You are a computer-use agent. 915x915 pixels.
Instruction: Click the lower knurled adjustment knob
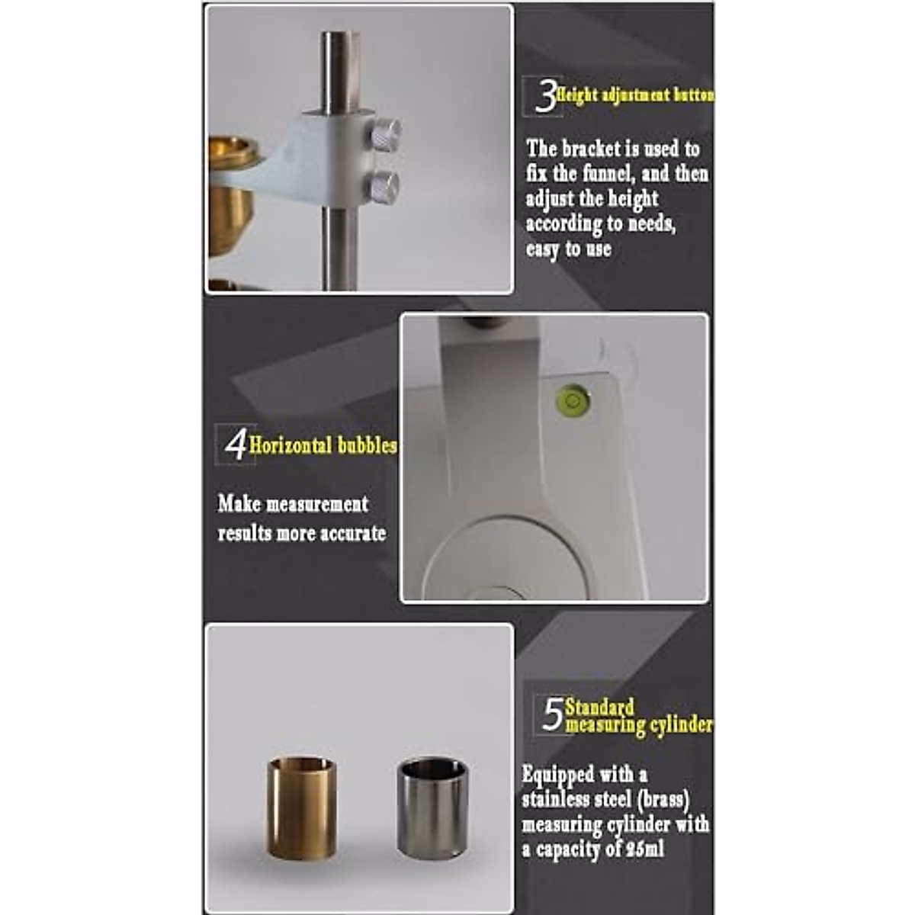point(382,185)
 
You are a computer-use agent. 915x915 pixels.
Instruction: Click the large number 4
point(236,445)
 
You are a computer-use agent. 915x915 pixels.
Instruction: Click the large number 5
point(551,714)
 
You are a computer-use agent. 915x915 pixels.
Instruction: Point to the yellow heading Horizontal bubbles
point(323,445)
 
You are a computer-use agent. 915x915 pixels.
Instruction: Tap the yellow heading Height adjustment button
point(636,95)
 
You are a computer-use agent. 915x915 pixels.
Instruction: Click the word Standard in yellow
point(599,707)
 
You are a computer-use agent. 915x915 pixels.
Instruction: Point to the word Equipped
point(557,775)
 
